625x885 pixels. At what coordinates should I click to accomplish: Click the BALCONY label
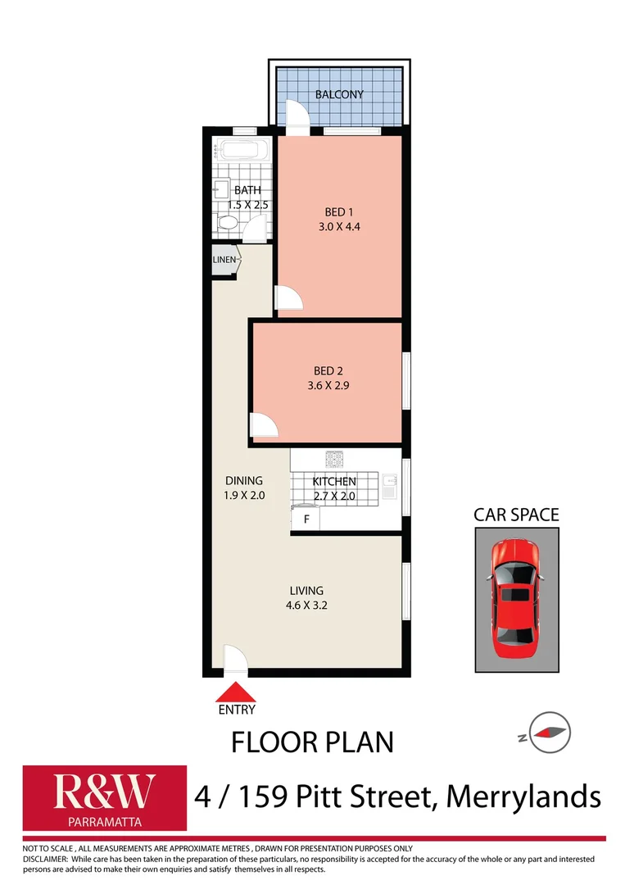(x=339, y=94)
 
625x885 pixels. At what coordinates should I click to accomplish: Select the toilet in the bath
(x=227, y=222)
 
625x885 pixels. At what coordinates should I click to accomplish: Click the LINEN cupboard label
(x=224, y=261)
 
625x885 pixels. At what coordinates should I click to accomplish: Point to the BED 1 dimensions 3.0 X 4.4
(x=339, y=227)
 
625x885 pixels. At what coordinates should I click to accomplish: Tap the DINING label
(x=244, y=481)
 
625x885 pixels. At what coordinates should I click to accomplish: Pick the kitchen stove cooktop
(x=334, y=460)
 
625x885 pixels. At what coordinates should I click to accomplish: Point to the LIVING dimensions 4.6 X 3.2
(x=306, y=606)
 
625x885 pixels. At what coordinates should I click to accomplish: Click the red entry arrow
(x=236, y=692)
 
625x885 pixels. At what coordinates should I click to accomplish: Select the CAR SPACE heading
(x=516, y=515)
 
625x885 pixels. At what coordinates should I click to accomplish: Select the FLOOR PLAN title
(x=312, y=742)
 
